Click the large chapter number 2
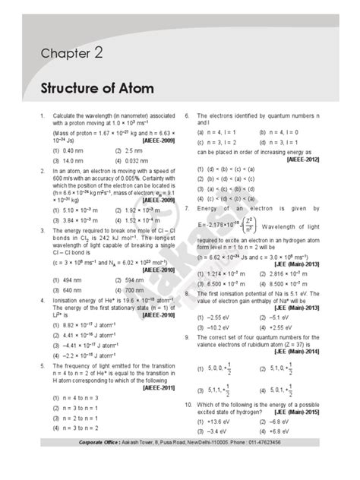point(98,52)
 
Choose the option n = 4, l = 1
point(215,131)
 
